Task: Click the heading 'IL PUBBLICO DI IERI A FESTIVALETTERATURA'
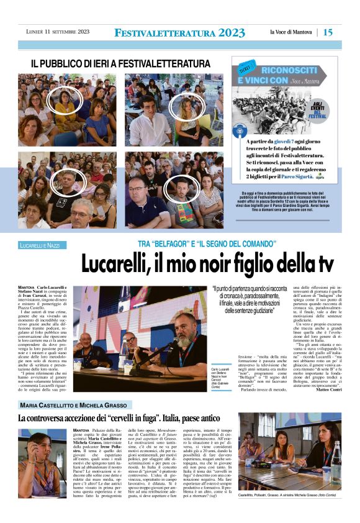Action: coord(121,63)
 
